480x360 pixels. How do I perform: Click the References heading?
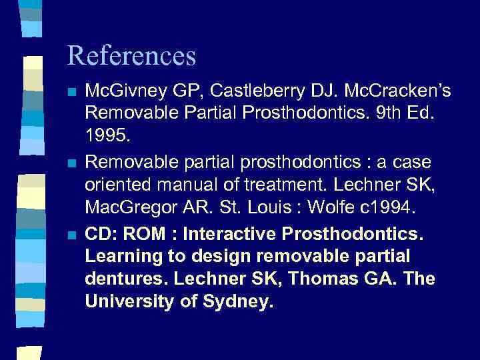pos(131,56)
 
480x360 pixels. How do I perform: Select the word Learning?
pos(121,256)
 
